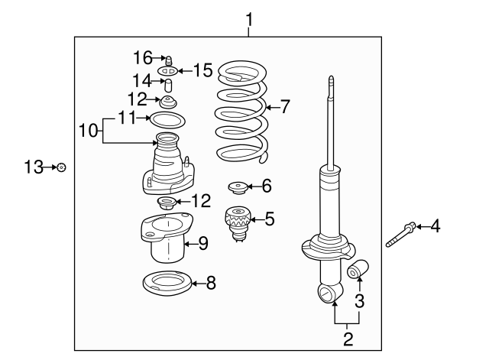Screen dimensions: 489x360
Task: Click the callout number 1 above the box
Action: (x=249, y=19)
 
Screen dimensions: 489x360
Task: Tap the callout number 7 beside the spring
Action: (x=285, y=107)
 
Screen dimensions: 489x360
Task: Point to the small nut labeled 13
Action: (x=62, y=167)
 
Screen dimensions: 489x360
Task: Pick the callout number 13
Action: (x=34, y=167)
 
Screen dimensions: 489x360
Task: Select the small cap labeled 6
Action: (x=238, y=188)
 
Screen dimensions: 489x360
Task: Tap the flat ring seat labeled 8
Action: (x=167, y=284)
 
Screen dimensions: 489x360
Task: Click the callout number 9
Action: (x=203, y=243)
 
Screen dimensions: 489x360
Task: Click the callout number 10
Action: (x=89, y=130)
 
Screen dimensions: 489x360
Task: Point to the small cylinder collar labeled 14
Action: (x=168, y=86)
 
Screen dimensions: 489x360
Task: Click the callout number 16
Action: (x=143, y=58)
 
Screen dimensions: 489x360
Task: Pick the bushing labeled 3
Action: (x=358, y=268)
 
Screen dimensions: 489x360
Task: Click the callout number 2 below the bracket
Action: (x=348, y=339)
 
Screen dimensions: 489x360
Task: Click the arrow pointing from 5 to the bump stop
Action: (x=257, y=219)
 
